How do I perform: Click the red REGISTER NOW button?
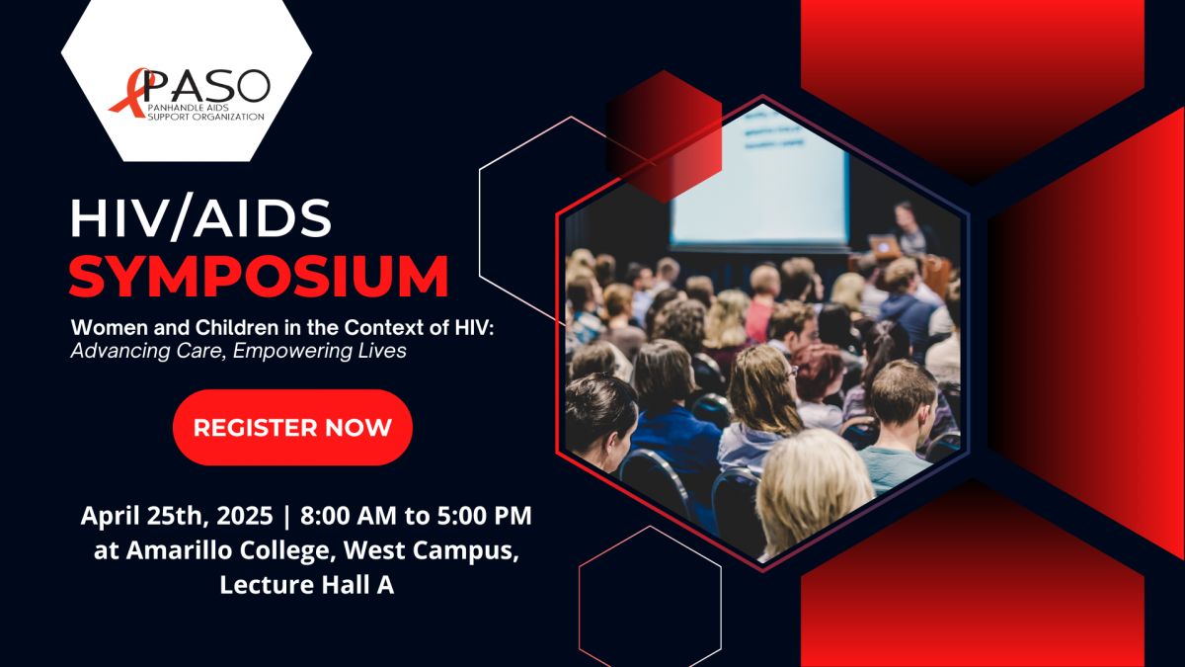pyautogui.click(x=292, y=427)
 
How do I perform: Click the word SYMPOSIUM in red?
pyautogui.click(x=259, y=277)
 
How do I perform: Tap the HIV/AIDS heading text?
pyautogui.click(x=200, y=218)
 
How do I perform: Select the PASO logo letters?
pyautogui.click(x=206, y=86)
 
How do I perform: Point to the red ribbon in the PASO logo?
pyautogui.click(x=132, y=93)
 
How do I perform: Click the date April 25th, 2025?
pyautogui.click(x=177, y=516)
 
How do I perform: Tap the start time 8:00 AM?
pyautogui.click(x=348, y=516)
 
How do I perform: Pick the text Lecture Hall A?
pyautogui.click(x=307, y=584)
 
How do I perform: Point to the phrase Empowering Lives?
pyautogui.click(x=320, y=351)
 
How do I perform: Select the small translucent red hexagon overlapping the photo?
pyautogui.click(x=664, y=136)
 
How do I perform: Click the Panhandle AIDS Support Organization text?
pyautogui.click(x=205, y=112)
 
